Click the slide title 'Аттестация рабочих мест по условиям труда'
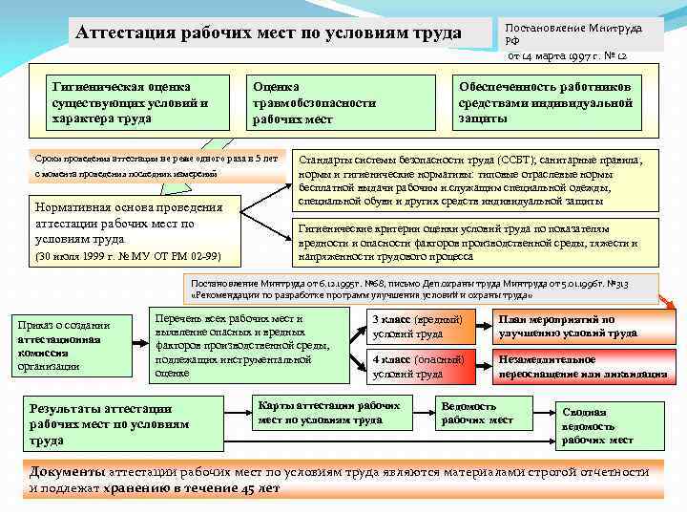coord(268,33)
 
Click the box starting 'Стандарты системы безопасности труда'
coord(473,181)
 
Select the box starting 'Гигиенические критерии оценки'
coord(473,243)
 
